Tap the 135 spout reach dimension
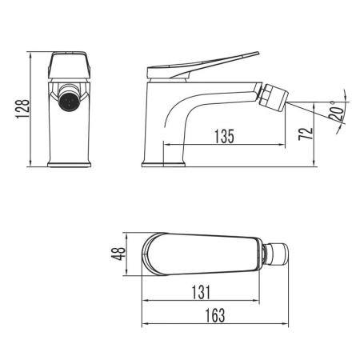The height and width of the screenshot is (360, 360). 225,136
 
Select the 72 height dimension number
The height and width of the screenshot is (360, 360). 301,133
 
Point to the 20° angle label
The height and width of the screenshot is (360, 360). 336,114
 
